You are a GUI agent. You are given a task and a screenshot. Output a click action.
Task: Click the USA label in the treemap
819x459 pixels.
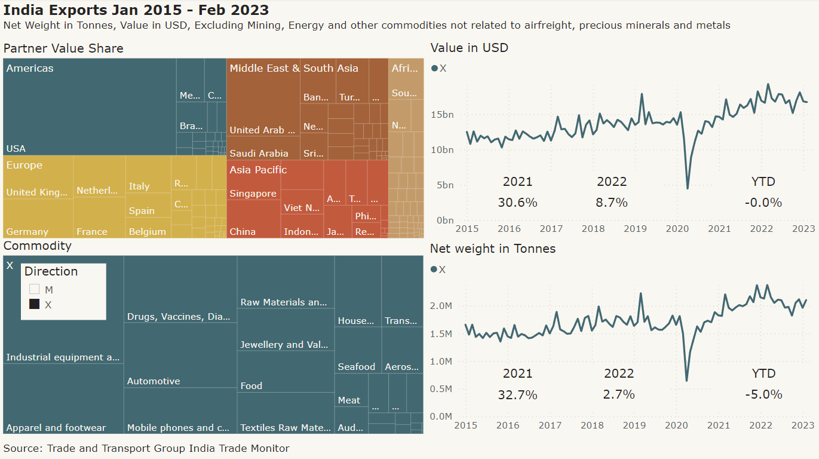[x=16, y=148]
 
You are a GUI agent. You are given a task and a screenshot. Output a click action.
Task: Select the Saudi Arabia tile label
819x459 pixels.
[x=259, y=153]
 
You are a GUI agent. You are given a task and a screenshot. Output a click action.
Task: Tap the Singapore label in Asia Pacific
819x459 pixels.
[x=253, y=193]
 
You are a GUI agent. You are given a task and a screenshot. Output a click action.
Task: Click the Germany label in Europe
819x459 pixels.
[x=27, y=231]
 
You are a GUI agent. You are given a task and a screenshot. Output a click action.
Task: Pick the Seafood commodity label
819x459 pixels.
[x=357, y=366]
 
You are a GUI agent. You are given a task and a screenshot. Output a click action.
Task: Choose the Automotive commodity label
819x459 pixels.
[x=154, y=381]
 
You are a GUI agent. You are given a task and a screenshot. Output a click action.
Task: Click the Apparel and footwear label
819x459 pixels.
[x=56, y=427]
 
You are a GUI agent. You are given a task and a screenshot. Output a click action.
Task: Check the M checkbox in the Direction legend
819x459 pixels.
[x=35, y=289]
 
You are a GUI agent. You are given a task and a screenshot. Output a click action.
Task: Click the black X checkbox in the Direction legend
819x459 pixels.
[x=35, y=304]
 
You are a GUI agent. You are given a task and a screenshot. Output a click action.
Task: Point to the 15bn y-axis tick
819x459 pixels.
[x=443, y=114]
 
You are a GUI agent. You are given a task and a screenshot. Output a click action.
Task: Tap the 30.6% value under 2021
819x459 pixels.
[x=517, y=203]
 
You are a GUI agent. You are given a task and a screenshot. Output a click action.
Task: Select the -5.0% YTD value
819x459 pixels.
[x=763, y=394]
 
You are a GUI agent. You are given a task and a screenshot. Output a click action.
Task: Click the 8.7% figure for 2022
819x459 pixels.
[x=612, y=203]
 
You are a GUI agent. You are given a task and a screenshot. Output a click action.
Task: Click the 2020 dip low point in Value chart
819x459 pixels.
[x=688, y=188]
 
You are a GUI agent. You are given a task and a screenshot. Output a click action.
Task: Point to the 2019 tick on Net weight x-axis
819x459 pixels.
[x=634, y=425]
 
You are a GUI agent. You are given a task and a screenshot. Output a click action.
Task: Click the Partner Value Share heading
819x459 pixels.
[x=63, y=48]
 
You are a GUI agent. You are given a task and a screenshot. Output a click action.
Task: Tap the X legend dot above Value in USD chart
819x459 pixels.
[x=434, y=68]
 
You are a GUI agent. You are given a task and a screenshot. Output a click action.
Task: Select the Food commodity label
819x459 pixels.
[x=251, y=385]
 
